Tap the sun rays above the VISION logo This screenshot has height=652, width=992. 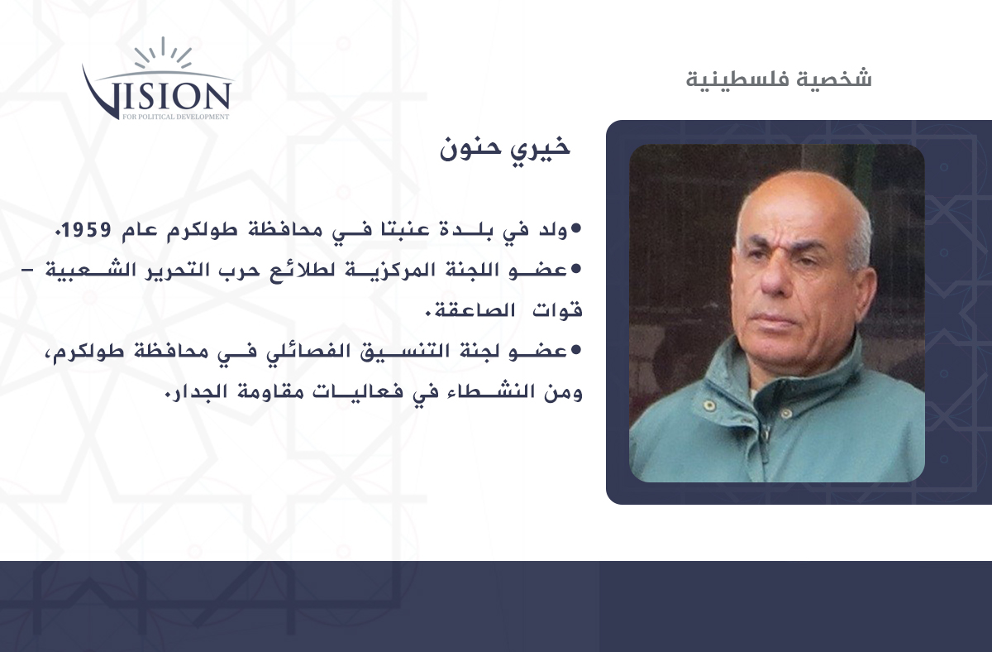163,53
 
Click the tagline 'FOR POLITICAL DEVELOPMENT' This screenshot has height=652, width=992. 176,117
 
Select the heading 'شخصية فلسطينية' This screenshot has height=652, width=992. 779,79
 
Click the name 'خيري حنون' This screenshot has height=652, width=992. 504,148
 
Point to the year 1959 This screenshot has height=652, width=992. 86,229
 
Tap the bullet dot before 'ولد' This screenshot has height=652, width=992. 575,228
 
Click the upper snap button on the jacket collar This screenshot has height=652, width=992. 709,405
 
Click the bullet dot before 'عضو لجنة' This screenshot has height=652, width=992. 575,350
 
